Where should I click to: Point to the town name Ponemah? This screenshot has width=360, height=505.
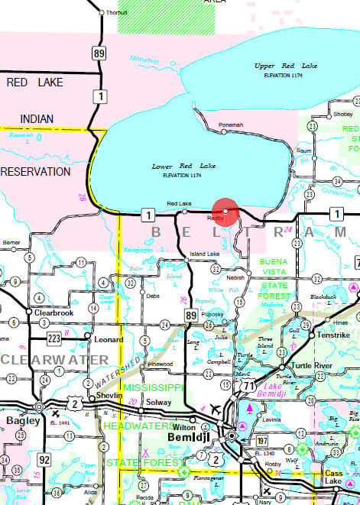coord(231,125)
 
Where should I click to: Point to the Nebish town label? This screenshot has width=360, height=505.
coord(236,277)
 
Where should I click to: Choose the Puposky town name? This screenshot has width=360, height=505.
coord(213,314)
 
